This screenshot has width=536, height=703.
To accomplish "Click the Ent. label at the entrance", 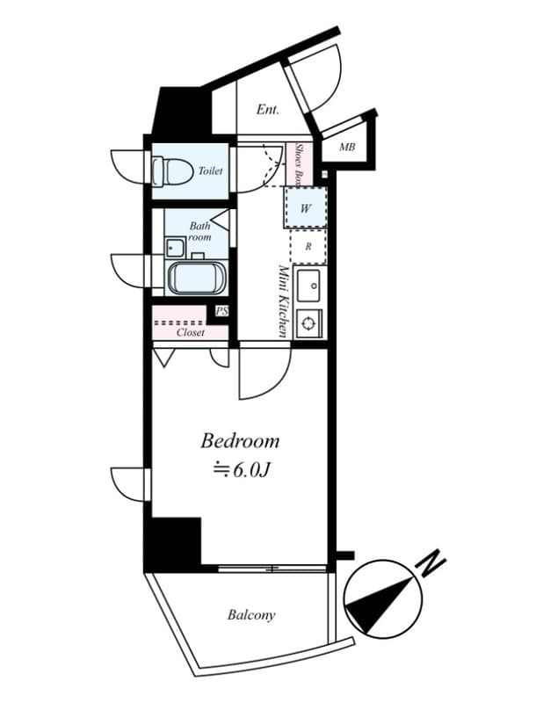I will (267, 110).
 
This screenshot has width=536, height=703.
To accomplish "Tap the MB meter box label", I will (347, 146).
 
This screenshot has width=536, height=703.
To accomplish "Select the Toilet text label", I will (210, 170).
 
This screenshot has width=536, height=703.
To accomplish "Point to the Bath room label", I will (200, 231).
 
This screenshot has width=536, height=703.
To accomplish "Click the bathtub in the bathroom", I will (197, 279).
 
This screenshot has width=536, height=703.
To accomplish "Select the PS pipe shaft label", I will (221, 311).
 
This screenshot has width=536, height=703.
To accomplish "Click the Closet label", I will (191, 333).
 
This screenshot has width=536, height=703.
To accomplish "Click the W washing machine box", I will (305, 209).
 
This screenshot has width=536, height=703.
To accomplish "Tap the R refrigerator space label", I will (308, 246).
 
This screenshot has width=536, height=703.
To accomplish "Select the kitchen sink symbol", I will (309, 285).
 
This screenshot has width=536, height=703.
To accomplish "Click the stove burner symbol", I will (309, 323).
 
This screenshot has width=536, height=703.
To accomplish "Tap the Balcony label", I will (251, 615).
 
